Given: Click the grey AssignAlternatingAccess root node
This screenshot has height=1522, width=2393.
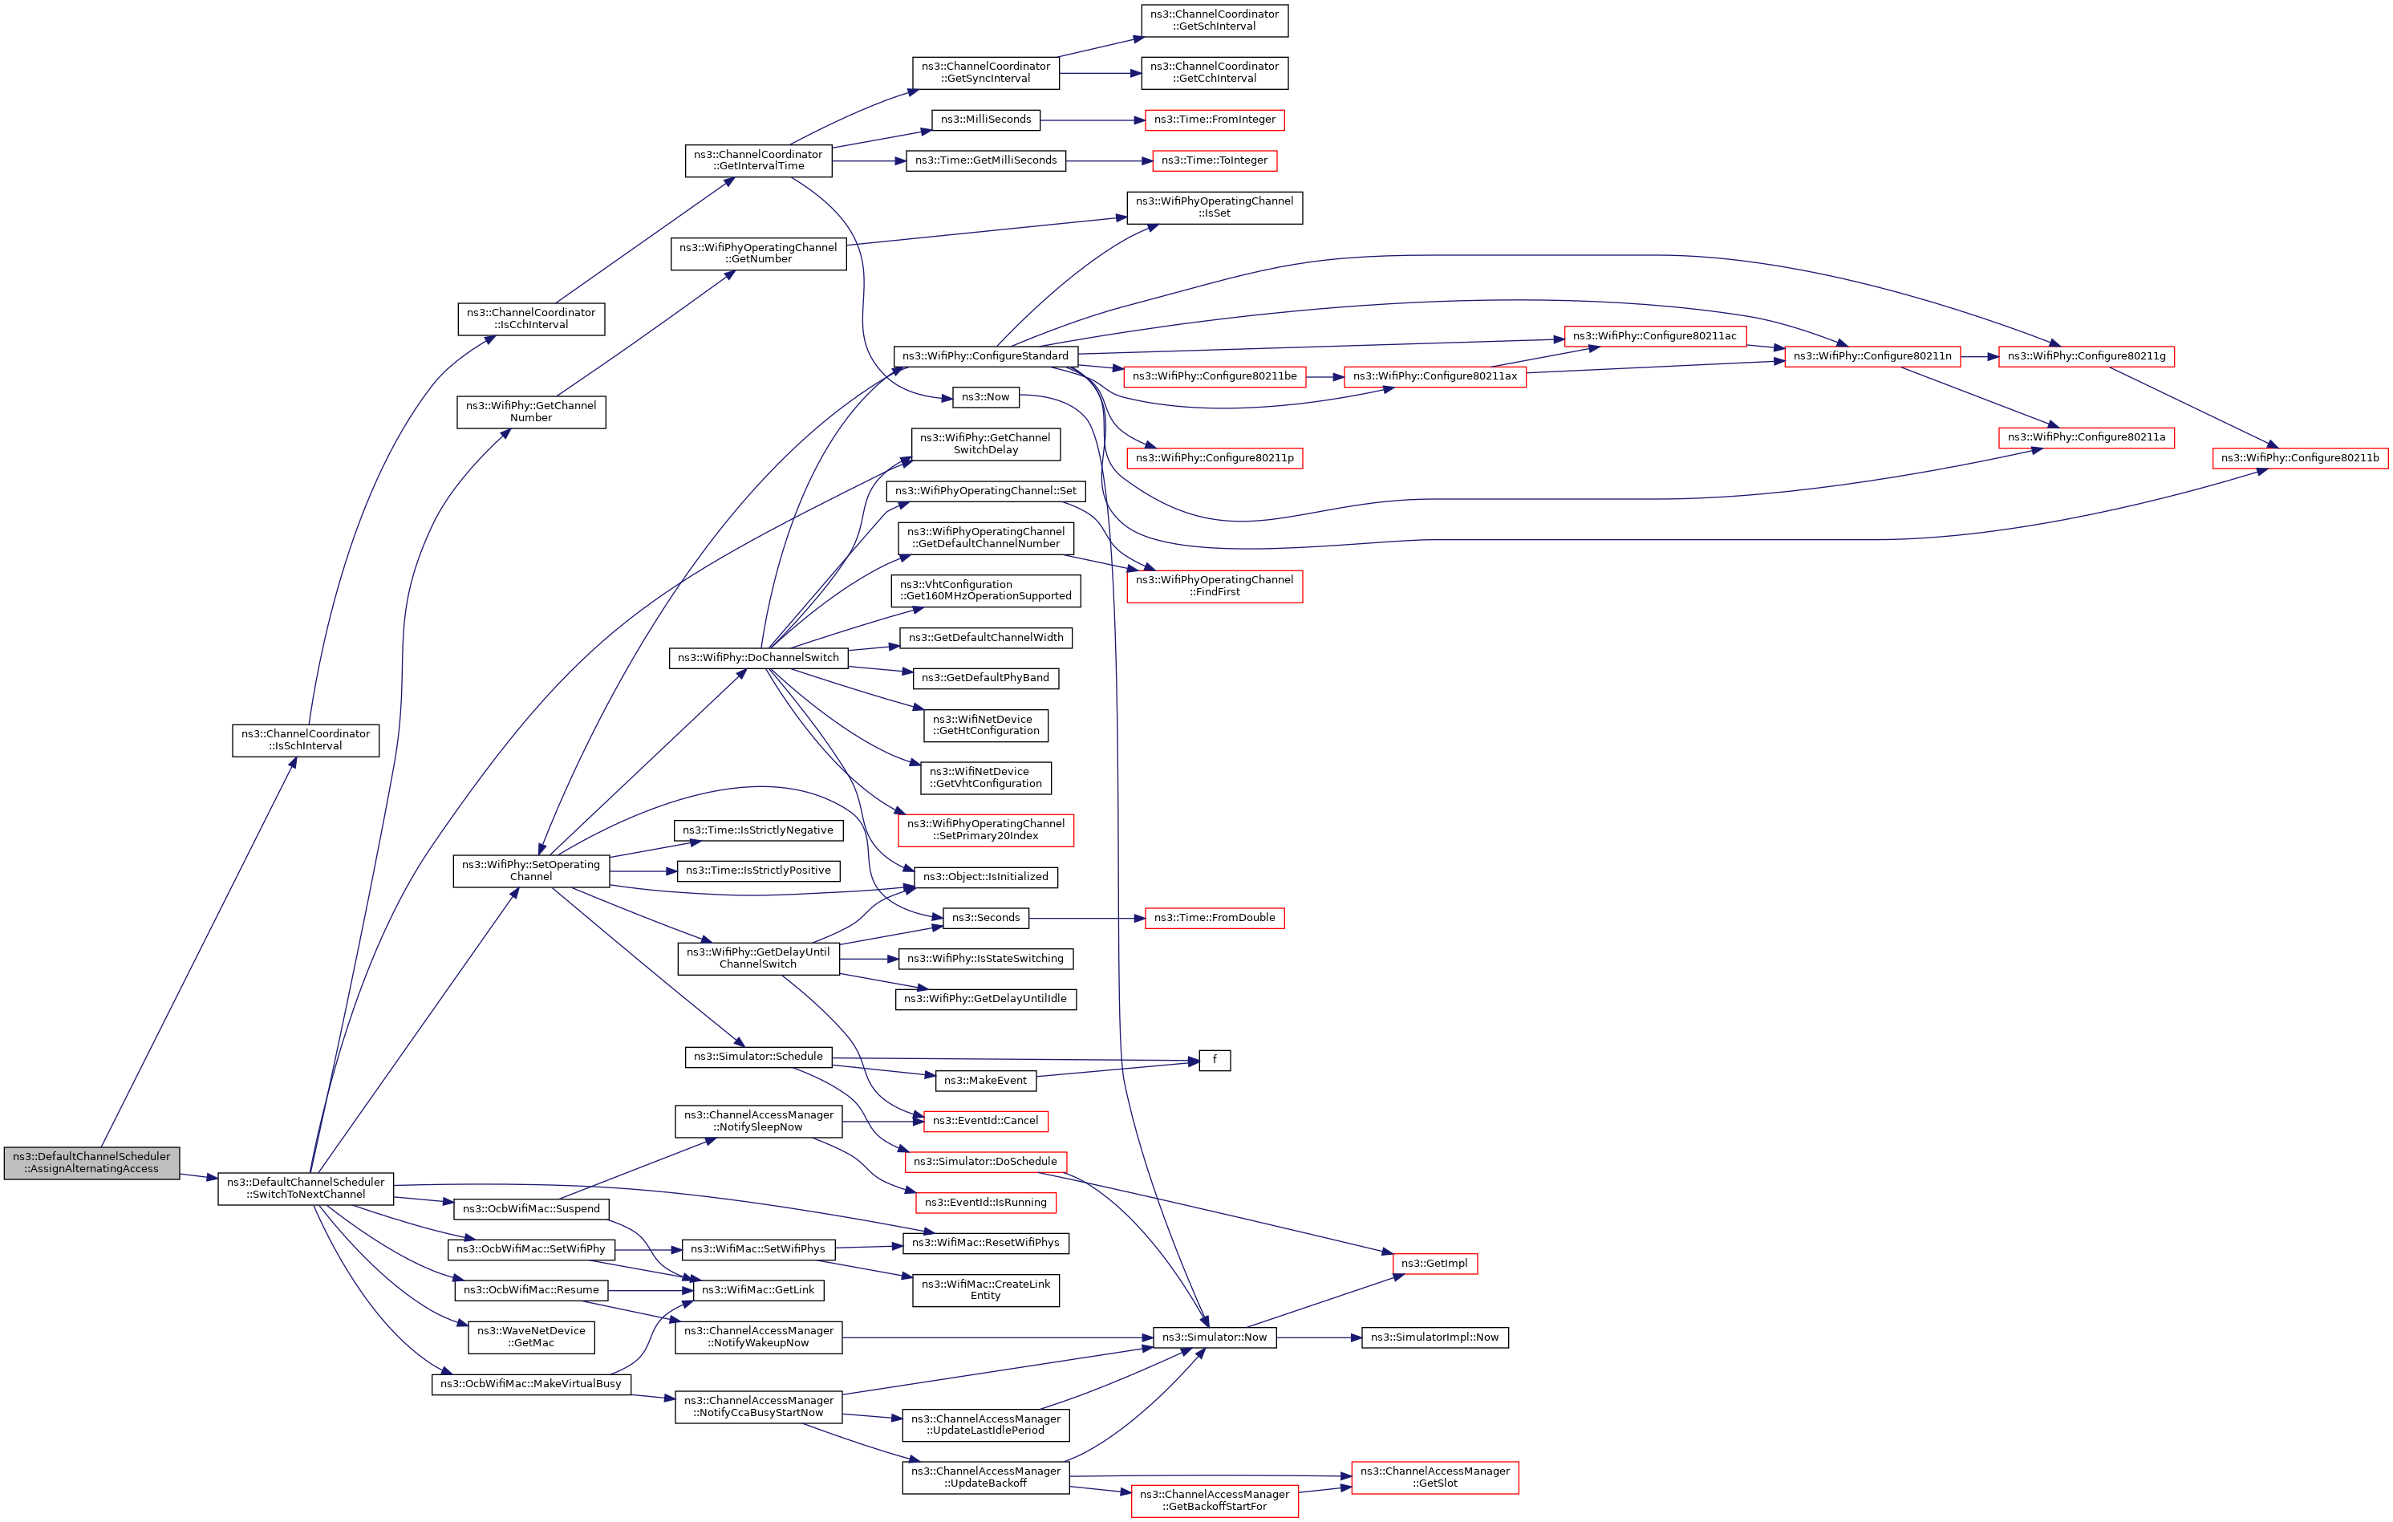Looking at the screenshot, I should click(91, 1162).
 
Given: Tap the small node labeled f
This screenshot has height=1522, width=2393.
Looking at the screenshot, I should click(1215, 1060).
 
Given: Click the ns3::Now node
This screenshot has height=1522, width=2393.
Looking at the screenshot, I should click(985, 396).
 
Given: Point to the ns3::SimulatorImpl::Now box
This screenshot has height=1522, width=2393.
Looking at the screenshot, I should click(1434, 1337).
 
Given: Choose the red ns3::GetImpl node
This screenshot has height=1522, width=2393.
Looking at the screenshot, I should click(1434, 1264).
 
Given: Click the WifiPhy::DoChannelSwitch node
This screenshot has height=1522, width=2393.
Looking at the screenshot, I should click(758, 658).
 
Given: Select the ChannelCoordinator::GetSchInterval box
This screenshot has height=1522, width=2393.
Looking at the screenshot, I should click(1215, 21).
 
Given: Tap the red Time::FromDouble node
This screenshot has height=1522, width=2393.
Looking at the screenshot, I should click(1215, 918).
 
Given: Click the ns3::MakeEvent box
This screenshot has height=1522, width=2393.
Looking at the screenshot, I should click(985, 1081).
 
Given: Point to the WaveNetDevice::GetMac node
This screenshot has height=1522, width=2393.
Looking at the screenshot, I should click(531, 1337).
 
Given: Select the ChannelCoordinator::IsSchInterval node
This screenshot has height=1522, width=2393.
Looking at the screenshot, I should click(305, 741).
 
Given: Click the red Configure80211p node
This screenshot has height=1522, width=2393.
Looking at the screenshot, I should click(1215, 458).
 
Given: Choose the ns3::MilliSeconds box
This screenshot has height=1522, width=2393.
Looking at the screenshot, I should click(986, 120).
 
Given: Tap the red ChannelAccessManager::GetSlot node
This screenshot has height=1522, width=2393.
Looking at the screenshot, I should click(1434, 1477).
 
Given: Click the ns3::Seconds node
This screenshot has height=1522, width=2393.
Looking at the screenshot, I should click(986, 918).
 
